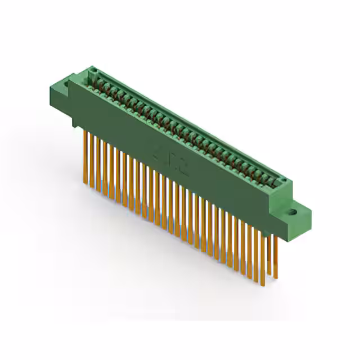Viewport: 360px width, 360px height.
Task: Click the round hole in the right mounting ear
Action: pyautogui.click(x=292, y=213)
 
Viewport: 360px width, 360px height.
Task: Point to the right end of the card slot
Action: pyautogui.click(x=284, y=186)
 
